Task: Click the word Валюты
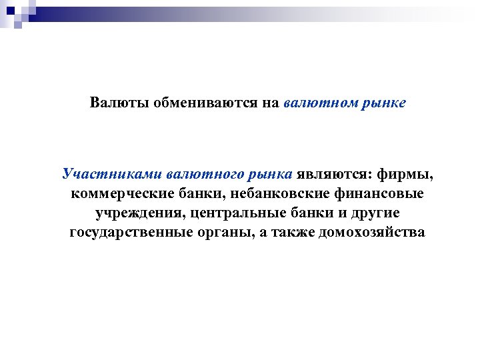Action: (x=119, y=103)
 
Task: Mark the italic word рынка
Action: (x=271, y=175)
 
